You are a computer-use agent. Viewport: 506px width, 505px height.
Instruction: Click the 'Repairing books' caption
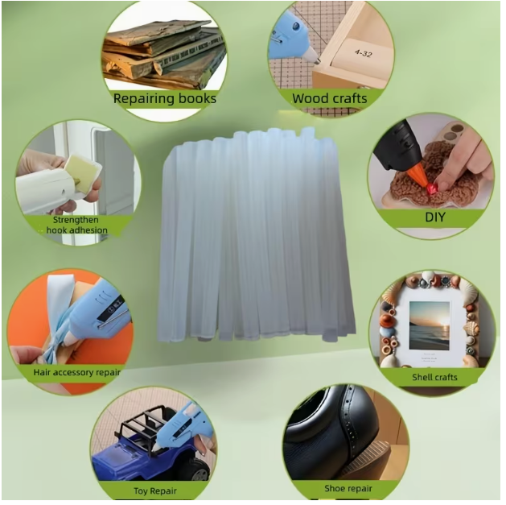point(165,98)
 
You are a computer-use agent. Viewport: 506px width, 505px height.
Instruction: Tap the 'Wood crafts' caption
point(330,98)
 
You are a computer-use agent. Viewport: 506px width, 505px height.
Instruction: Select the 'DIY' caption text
point(435,217)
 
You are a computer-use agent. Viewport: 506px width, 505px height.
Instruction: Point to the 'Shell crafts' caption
point(434,377)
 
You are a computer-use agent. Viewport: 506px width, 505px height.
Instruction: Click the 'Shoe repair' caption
point(348,489)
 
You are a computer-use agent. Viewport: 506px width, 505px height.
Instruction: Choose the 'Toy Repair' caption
point(155,491)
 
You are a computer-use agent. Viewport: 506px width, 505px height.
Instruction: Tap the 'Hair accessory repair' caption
point(76,373)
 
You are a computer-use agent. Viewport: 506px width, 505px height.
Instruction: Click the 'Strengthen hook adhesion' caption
point(76,226)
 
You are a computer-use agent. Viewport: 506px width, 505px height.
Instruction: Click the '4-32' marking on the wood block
point(363,53)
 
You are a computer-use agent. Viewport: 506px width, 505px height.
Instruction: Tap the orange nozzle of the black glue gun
point(418,175)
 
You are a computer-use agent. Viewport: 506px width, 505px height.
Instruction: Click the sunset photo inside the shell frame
point(430,325)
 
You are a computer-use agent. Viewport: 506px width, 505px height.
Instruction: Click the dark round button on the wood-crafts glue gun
point(295,27)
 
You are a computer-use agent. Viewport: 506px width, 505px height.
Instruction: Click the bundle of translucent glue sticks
point(257,234)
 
